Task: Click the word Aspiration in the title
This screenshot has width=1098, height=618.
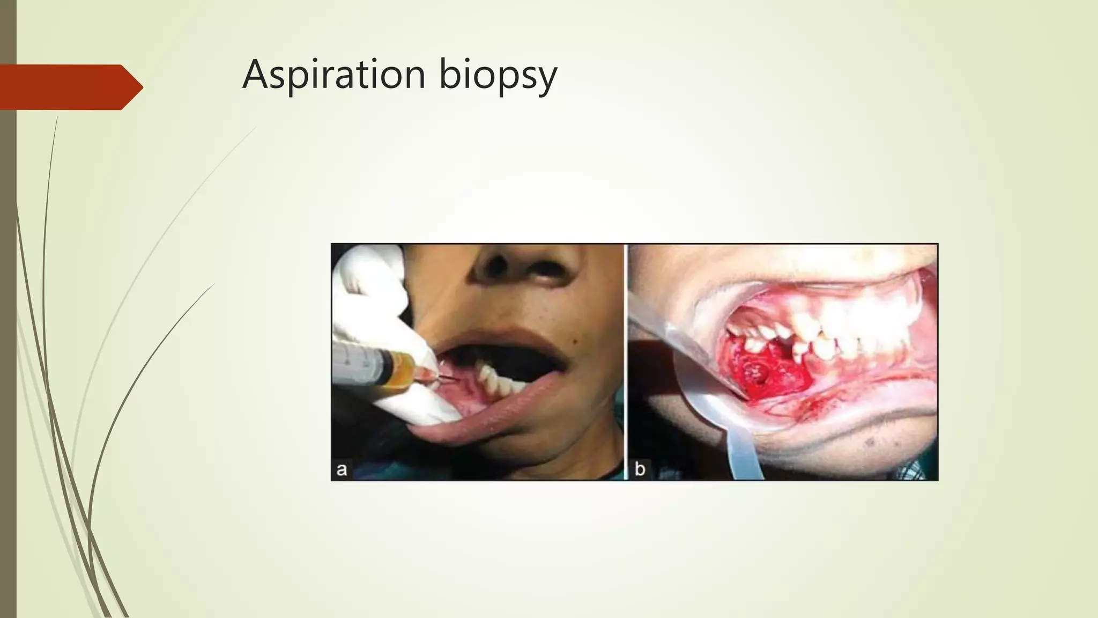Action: coord(333,75)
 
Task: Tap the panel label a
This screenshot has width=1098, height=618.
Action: coord(342,469)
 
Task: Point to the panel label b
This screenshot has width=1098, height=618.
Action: coord(640,469)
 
